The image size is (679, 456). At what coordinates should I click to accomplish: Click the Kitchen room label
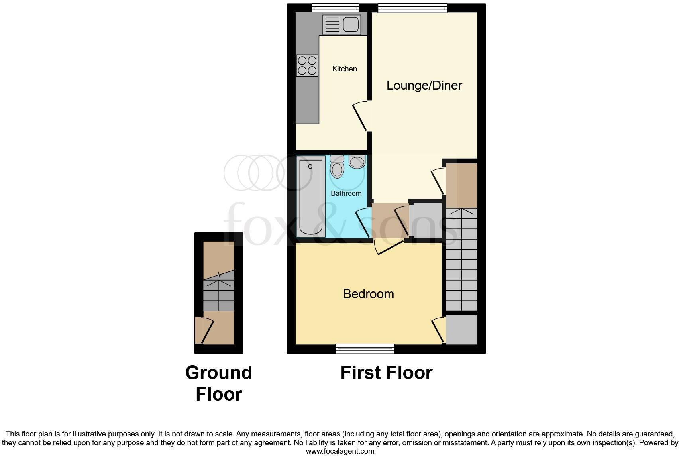click(344, 69)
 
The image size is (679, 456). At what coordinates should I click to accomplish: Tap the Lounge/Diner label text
click(424, 85)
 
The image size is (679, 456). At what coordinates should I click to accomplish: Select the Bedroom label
click(368, 294)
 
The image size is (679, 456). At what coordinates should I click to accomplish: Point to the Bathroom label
click(346, 193)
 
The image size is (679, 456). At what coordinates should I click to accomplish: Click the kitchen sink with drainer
click(341, 24)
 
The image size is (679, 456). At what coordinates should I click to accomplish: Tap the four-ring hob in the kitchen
click(307, 65)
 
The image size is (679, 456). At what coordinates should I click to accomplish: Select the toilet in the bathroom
click(337, 167)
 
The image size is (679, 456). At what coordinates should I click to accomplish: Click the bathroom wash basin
click(357, 162)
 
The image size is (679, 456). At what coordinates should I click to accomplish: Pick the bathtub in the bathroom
click(310, 197)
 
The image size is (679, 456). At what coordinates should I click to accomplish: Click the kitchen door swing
click(360, 116)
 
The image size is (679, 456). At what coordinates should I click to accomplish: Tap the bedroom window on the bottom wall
click(365, 349)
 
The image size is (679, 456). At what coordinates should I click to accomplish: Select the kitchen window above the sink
click(335, 8)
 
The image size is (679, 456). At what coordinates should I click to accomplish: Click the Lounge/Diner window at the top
click(412, 8)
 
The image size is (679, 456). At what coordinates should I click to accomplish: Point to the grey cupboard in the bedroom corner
click(461, 330)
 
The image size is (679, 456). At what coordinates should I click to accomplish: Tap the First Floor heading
click(386, 373)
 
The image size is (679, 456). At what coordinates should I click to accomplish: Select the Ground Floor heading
click(219, 383)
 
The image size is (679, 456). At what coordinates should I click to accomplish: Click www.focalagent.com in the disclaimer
click(340, 451)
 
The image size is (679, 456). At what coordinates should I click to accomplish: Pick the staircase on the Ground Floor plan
click(219, 295)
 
